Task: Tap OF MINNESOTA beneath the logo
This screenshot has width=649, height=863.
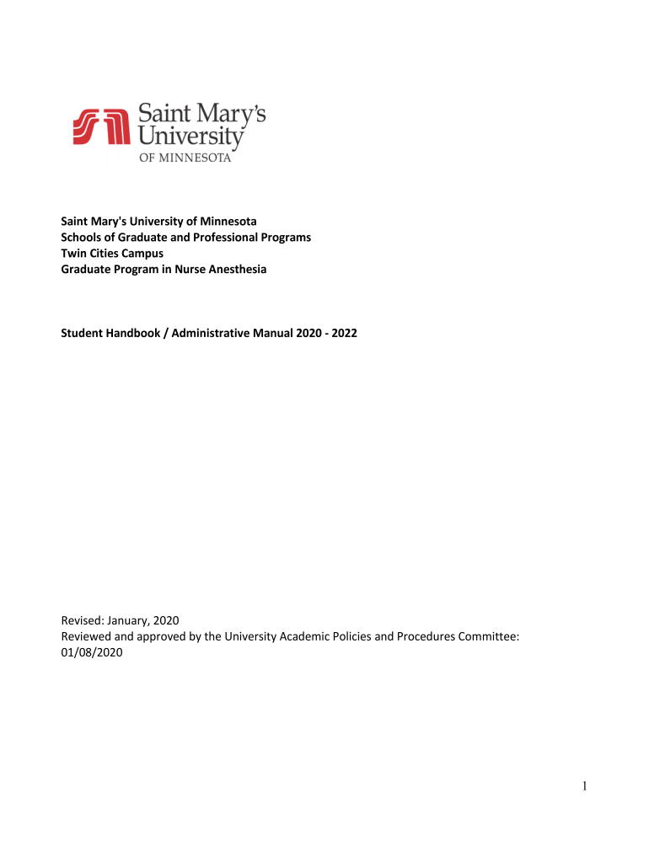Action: (185, 158)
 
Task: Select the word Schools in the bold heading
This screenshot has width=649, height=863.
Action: (81, 238)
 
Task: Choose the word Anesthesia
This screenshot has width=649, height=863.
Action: (237, 269)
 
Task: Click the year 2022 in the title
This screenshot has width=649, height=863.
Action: (343, 333)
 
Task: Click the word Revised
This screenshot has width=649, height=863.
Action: (83, 621)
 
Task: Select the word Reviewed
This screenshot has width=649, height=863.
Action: (87, 636)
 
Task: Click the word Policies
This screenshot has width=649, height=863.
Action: (341, 636)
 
